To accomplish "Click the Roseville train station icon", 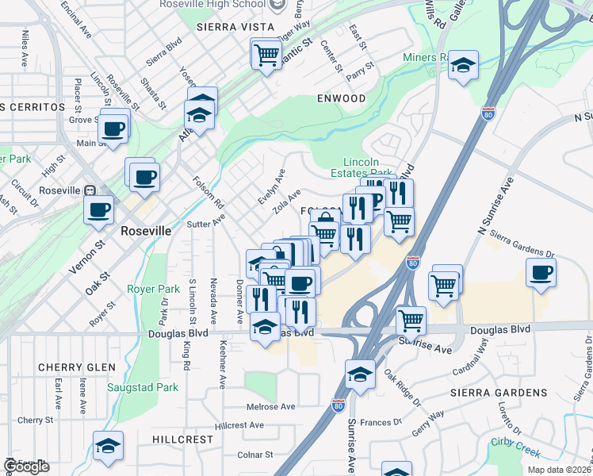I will pos(90,190).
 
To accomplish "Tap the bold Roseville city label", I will pos(146,230).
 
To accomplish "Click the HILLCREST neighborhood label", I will pos(182,439).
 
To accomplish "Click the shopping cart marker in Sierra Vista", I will pos(266,55).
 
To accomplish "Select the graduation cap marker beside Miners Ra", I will pos(463,66).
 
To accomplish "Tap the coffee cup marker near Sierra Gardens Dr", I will pos(541,272).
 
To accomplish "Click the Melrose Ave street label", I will pos(270,407).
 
